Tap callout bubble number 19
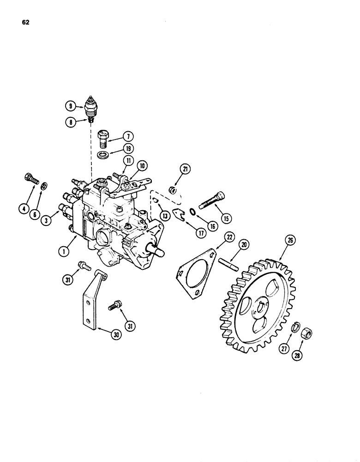(128, 149)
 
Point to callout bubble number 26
(290, 240)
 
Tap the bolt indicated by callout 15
(212, 201)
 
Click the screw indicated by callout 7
(105, 138)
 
